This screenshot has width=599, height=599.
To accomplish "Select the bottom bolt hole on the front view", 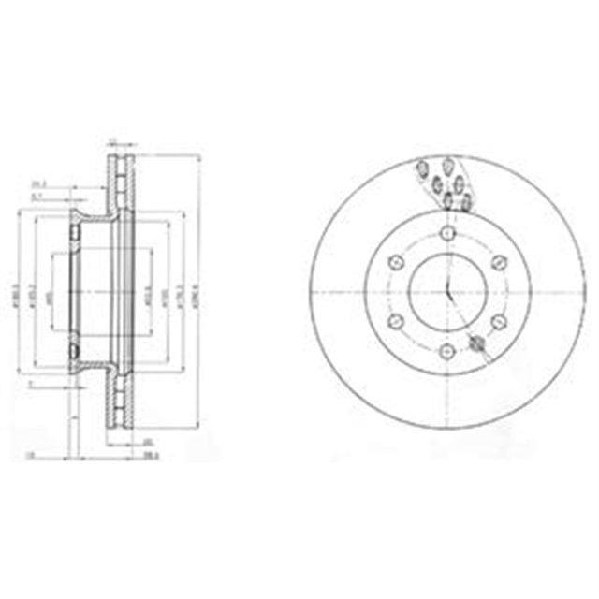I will [447, 350].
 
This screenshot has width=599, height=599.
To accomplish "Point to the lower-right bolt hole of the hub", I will [498, 321].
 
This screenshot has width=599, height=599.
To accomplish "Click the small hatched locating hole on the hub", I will [478, 343].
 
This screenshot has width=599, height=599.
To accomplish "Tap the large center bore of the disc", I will [447, 291].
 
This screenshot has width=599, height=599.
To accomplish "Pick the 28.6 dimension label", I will [147, 456].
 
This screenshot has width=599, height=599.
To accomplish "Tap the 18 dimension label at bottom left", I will [30, 456].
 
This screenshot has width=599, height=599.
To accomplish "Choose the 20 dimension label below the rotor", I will [146, 443].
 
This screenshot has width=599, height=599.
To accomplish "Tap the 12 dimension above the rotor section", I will [113, 141].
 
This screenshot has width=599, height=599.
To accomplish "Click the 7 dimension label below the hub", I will [31, 383].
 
